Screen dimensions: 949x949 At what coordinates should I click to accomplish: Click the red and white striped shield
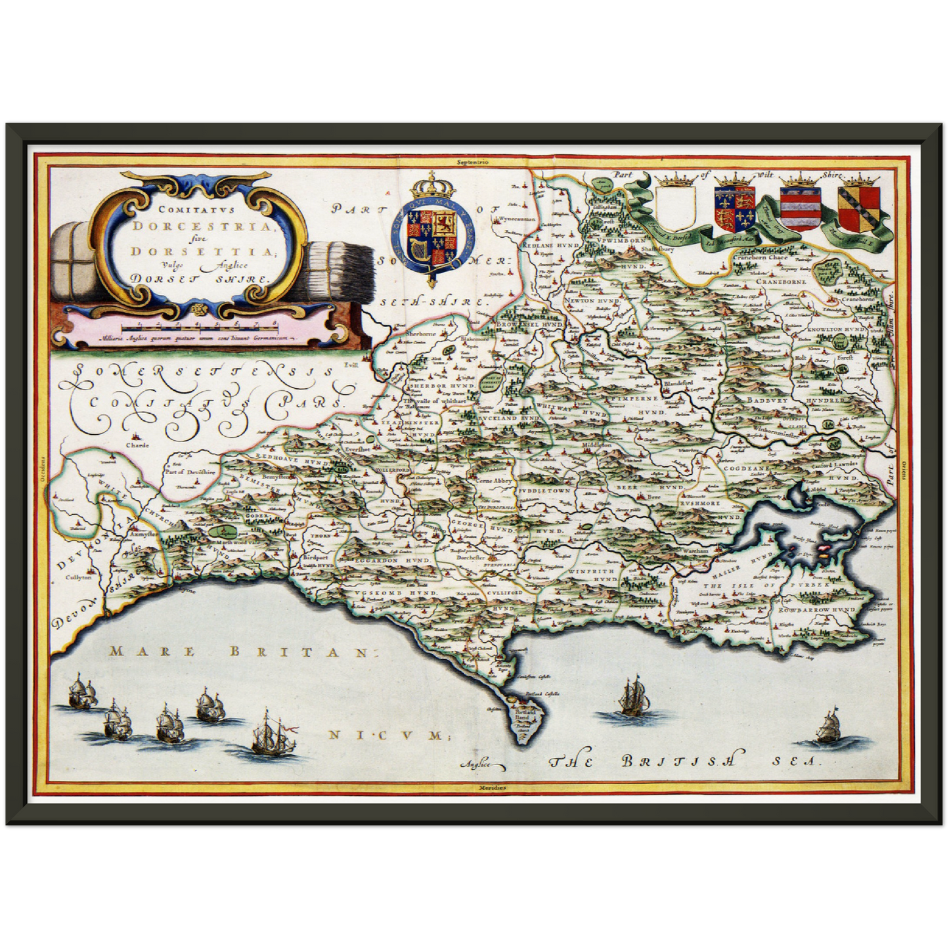pyautogui.click(x=799, y=208)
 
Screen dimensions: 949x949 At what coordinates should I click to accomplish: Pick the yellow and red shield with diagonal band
pyautogui.click(x=858, y=208)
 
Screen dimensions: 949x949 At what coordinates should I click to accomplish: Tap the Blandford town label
pyautogui.click(x=679, y=384)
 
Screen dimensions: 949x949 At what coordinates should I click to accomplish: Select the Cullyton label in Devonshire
pyautogui.click(x=77, y=579)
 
